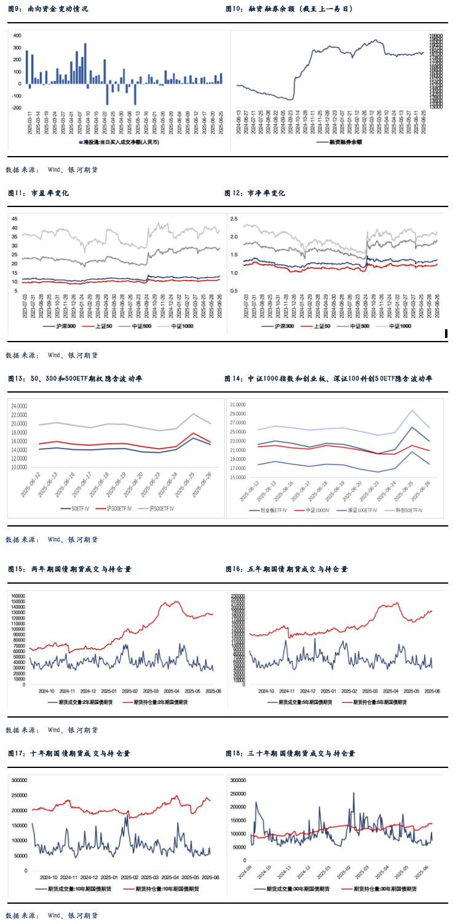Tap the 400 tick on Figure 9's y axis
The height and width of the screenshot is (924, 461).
tap(17, 35)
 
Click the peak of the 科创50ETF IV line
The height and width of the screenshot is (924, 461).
tap(412, 410)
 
